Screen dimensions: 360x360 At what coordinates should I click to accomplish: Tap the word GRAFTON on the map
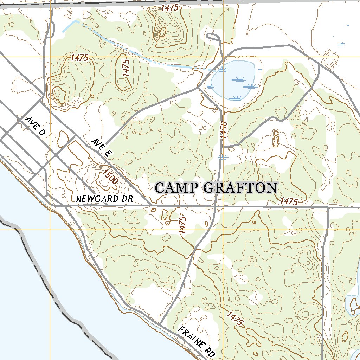(241, 188)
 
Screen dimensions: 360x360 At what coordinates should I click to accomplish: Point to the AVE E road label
(102, 147)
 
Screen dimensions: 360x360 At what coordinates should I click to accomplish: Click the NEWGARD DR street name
(104, 199)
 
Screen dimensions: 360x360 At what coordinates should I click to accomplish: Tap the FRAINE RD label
(196, 342)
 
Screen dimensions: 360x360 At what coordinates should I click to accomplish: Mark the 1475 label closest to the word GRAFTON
(289, 201)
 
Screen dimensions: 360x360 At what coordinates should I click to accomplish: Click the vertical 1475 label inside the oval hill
(127, 67)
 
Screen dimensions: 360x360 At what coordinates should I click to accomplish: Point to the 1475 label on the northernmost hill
(170, 8)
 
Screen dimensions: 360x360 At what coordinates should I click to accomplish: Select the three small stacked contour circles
(276, 139)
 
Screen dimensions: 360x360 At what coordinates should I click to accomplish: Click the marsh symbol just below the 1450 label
(223, 157)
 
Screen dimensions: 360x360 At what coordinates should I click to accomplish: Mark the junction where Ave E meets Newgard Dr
(151, 205)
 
